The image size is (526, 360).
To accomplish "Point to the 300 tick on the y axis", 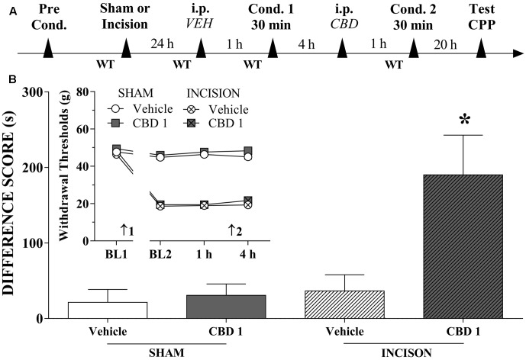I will coord(56,92).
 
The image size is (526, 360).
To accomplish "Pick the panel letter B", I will coord(10,79).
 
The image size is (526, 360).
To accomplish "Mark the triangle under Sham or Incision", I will coord(127,50).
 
